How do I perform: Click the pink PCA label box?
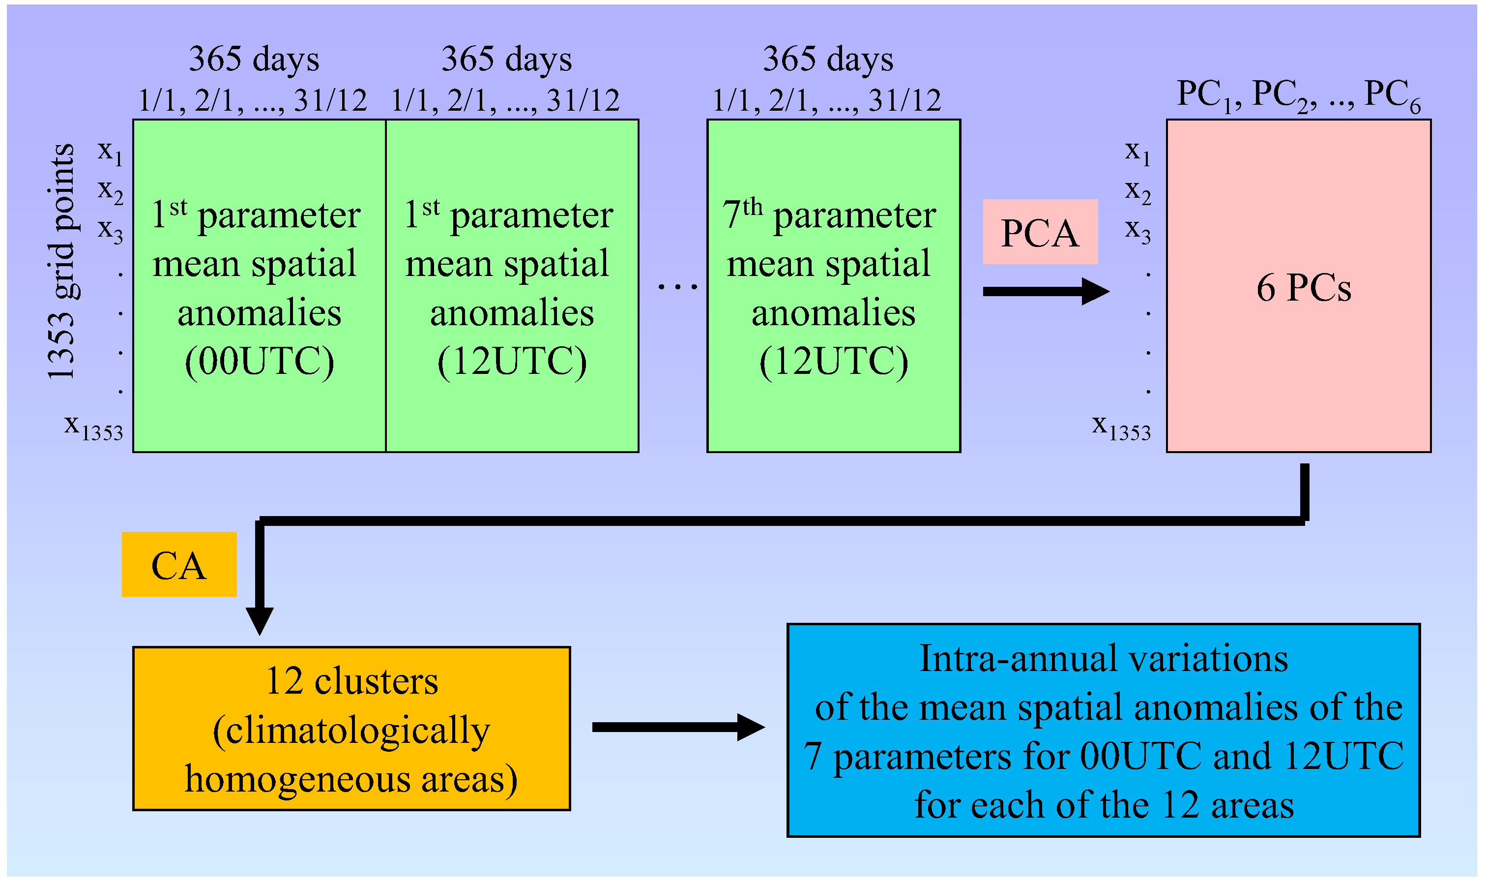(1040, 232)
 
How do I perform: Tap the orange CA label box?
(179, 565)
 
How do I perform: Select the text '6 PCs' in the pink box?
(1303, 288)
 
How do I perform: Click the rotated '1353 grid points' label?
(61, 261)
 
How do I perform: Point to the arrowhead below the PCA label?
(1094, 292)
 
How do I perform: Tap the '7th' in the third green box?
(742, 214)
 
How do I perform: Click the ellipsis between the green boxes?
(677, 287)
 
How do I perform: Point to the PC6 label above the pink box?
(1392, 95)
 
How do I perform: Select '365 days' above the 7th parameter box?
(828, 59)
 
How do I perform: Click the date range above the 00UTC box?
(253, 100)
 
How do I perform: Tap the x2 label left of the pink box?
(1137, 191)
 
